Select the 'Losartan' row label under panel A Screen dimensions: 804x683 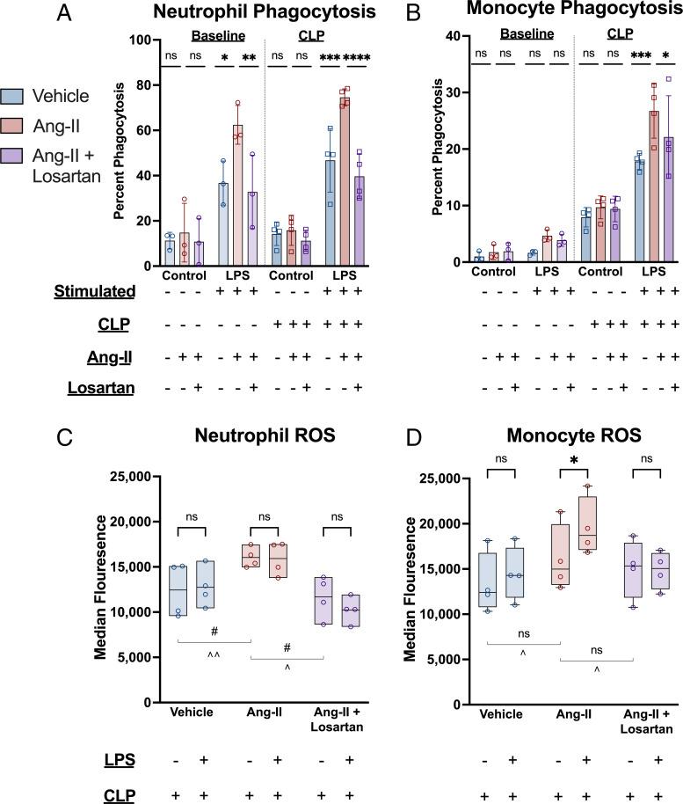tap(103, 388)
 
